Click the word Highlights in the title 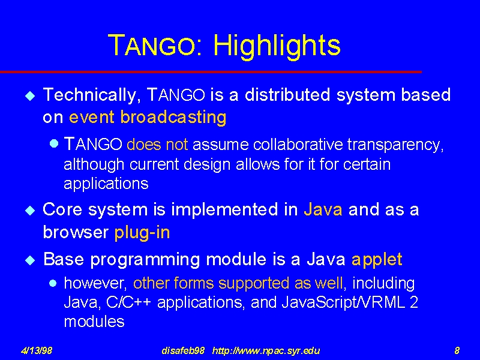coord(277,46)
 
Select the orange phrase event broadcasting coord(148,118)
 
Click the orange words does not coord(157,144)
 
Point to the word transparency coord(395,145)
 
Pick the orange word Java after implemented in coord(323,209)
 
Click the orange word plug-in coord(142,233)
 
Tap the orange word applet coord(377,260)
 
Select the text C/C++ coord(128,302)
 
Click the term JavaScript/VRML coord(343,302)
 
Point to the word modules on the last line coord(94,322)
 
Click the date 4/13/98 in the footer coord(37,350)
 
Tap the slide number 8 coord(457,350)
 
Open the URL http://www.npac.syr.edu coord(266,351)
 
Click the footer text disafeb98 coord(183,350)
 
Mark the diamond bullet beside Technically coord(30,96)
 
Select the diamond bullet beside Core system coord(30,211)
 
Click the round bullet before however coord(53,283)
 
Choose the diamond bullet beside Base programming coord(30,261)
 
